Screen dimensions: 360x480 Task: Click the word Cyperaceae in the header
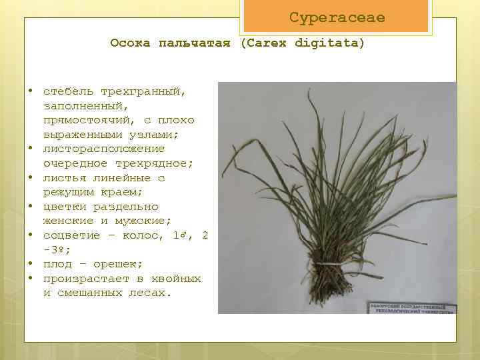click(x=337, y=18)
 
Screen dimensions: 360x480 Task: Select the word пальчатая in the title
click(x=194, y=43)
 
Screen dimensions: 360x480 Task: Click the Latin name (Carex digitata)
click(x=303, y=43)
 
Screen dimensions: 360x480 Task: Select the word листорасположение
click(x=103, y=149)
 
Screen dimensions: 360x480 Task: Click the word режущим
click(x=69, y=192)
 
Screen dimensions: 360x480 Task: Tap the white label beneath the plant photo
click(x=411, y=308)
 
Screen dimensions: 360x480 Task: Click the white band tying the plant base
click(x=328, y=265)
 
